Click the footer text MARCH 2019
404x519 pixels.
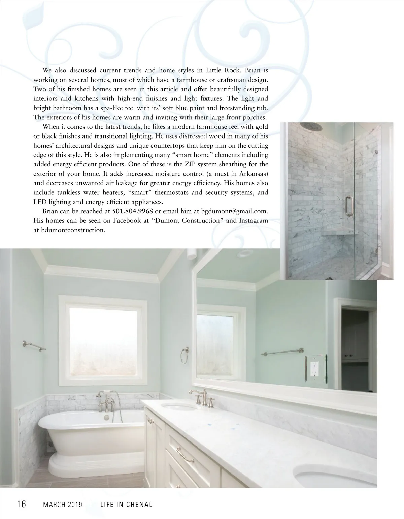(63, 505)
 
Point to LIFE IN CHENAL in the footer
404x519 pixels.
(126, 505)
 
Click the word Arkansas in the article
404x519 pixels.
(251, 174)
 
